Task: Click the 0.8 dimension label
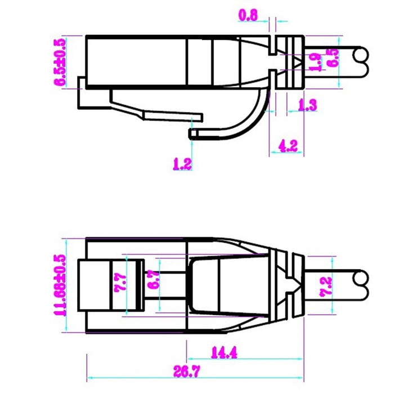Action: tap(248, 16)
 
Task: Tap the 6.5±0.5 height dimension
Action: tap(60, 61)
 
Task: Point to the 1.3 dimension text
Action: tap(307, 104)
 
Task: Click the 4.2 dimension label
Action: tap(288, 146)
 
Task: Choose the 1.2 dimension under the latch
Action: tap(182, 164)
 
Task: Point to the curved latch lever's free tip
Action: tap(193, 134)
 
